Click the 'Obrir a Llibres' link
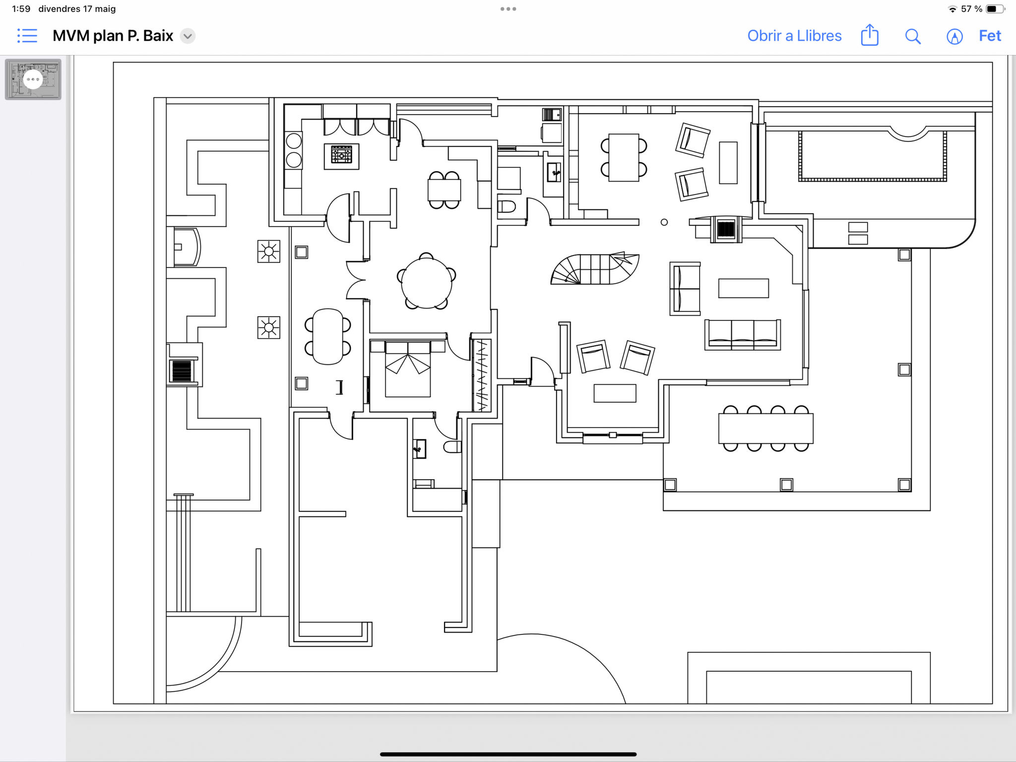coord(794,36)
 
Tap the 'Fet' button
coord(990,36)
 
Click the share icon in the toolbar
coord(870,35)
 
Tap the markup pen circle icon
coord(954,36)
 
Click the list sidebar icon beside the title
coord(27,36)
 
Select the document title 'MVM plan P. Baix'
coord(113,36)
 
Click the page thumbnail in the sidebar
coord(33,79)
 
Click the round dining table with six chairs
coord(427,281)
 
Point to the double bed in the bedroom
coord(408,368)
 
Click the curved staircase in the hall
coord(594,269)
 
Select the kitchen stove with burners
coord(341,156)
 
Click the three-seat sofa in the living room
coord(743,335)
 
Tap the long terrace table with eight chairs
coord(765,428)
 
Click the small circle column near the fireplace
coord(664,222)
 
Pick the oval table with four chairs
coord(328,337)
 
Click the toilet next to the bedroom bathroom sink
coord(452,447)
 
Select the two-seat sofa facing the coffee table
coord(685,289)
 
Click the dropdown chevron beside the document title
coord(188,36)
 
